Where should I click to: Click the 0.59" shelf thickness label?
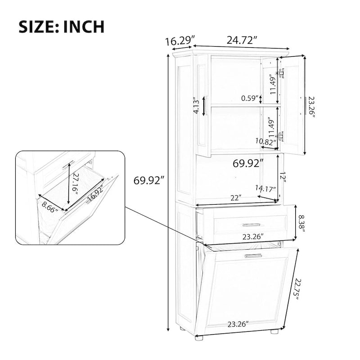point(250,98)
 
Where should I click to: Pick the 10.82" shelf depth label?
point(265,141)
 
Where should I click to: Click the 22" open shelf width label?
point(234,198)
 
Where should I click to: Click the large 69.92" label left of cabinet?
point(148,181)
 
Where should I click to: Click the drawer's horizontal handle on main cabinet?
point(251,225)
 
